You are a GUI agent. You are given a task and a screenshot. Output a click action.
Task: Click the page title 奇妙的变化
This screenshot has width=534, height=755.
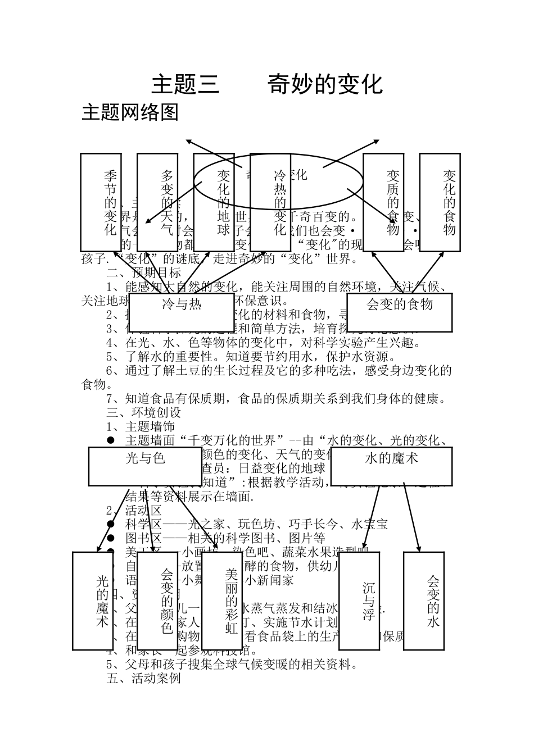[325, 84]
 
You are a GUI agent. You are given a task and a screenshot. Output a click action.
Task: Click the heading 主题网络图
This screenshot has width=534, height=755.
[130, 112]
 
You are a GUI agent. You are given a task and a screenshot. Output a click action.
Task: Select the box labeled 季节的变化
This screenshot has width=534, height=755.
[101, 202]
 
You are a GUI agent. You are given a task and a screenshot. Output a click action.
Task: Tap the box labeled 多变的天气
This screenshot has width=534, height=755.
[157, 202]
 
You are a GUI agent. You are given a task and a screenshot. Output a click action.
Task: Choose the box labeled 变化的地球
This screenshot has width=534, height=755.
[214, 202]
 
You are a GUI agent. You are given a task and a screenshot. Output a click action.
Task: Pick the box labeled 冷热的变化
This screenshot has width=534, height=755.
[270, 202]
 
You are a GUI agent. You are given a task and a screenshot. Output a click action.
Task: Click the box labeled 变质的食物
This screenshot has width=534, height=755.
[383, 202]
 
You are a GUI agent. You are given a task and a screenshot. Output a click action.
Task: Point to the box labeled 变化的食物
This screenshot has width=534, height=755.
[440, 202]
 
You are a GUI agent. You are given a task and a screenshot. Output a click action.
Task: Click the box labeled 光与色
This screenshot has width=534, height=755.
[146, 466]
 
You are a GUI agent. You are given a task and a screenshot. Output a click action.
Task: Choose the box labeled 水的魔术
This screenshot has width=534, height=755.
[392, 466]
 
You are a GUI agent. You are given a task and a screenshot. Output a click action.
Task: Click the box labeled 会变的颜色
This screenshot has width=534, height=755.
[157, 601]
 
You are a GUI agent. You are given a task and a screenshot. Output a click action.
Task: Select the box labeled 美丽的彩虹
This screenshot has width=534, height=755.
[221, 601]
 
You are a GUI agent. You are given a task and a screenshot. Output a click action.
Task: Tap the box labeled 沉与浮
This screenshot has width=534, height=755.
[360, 601]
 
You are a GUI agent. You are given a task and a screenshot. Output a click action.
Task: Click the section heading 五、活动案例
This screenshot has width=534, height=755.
[144, 678]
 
